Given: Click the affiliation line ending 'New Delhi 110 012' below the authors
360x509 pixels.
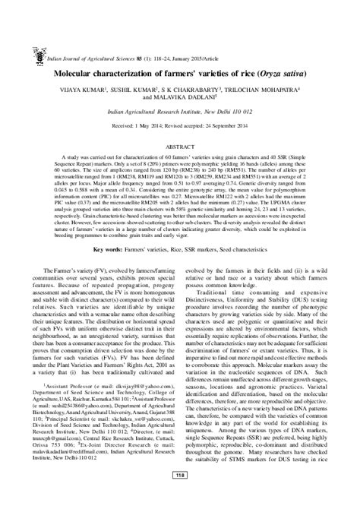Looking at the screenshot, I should tap(180, 109).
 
